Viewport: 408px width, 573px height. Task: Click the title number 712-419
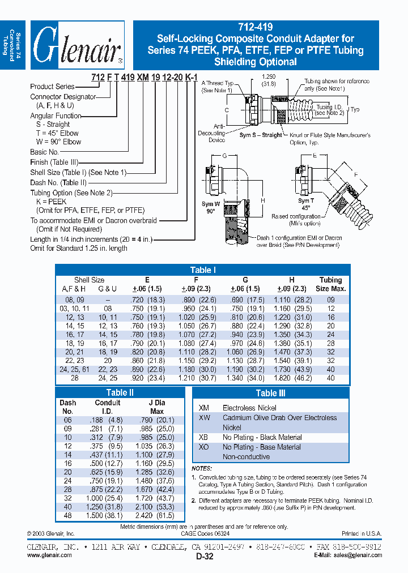tap(256, 28)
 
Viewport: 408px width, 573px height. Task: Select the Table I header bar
tap(203, 270)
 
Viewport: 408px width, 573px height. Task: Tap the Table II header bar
tap(120, 392)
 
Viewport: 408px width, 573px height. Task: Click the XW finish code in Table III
tap(203, 418)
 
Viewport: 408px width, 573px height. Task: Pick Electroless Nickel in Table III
tap(250, 407)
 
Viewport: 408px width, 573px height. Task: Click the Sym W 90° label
tap(211, 207)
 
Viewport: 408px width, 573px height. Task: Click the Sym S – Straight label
tap(260, 135)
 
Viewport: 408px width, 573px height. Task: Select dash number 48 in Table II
tap(67, 516)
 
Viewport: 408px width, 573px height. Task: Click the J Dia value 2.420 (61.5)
tap(156, 516)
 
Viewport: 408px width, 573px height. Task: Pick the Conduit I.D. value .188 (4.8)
tap(108, 420)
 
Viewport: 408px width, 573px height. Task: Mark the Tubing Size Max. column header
tap(330, 284)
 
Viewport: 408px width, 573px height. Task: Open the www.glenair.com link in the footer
tap(49, 555)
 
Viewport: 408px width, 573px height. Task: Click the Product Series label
tap(52, 87)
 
